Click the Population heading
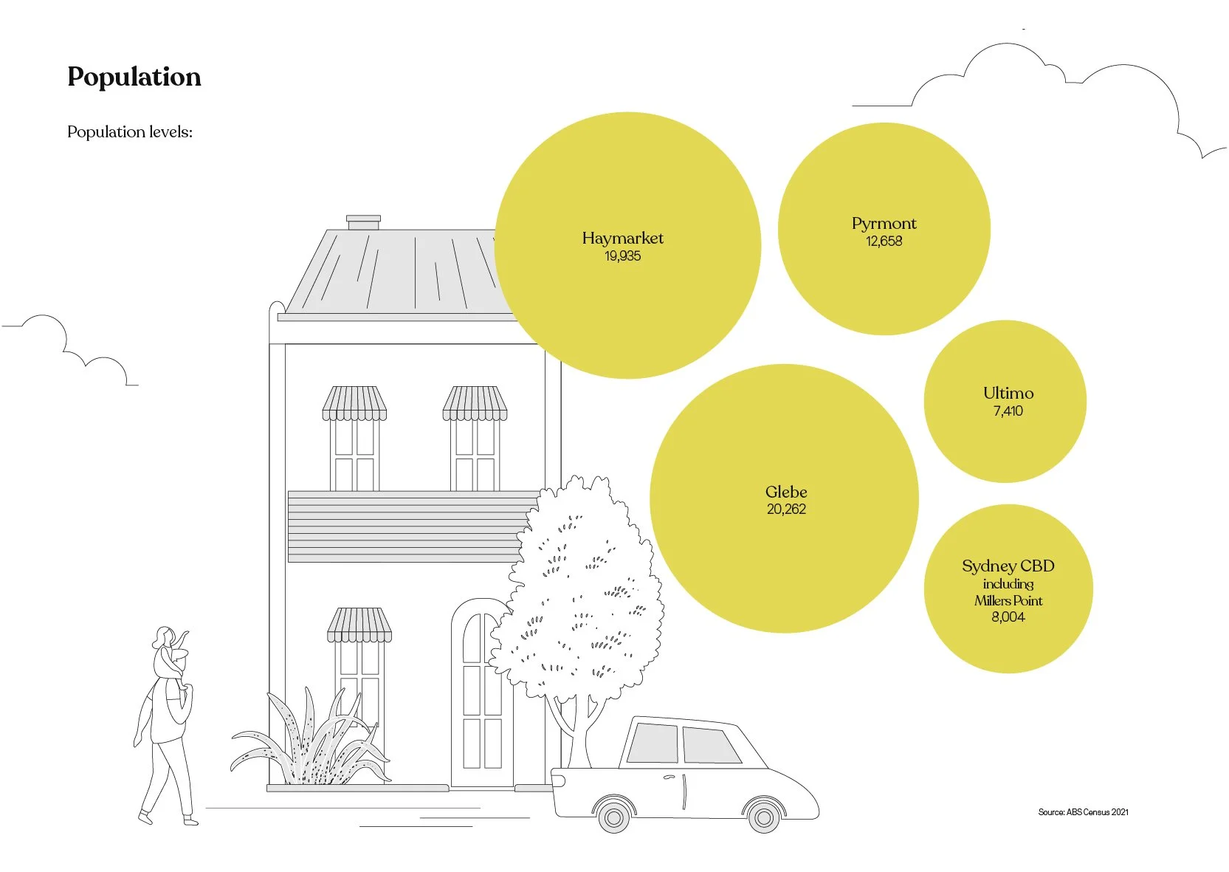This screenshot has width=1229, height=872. (134, 77)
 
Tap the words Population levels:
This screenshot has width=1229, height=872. (130, 132)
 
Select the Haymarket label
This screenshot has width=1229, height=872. (622, 238)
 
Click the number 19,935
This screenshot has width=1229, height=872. (622, 256)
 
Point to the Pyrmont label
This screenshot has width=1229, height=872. (884, 223)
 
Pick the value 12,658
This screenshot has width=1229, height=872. (884, 241)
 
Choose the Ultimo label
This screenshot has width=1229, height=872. (1008, 393)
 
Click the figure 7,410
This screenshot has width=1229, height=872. (1008, 411)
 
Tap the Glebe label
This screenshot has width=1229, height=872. (786, 492)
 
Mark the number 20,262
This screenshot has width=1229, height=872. (786, 509)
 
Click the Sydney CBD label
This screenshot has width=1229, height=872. (1008, 566)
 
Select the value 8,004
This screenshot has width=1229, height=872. (1008, 617)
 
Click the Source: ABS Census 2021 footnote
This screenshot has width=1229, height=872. (1083, 812)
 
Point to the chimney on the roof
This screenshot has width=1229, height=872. (363, 222)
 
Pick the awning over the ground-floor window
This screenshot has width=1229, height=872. (359, 625)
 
